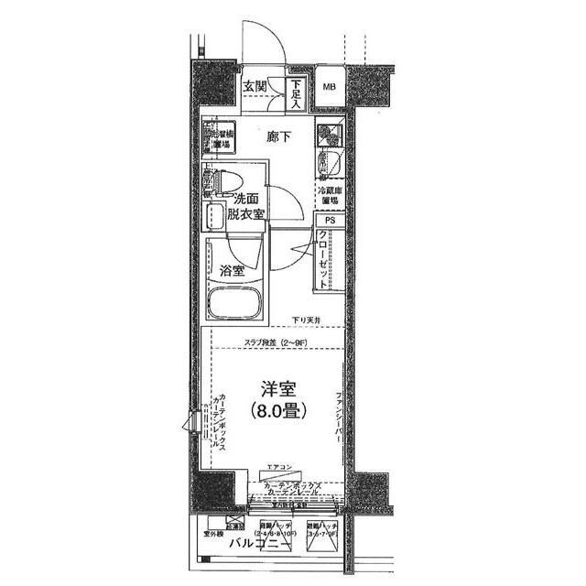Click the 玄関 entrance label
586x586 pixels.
point(255,88)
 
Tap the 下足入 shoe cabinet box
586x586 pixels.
point(297,92)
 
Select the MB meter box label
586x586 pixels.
point(329,88)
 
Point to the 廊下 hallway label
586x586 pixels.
point(278,137)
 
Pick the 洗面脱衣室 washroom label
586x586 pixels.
point(246,206)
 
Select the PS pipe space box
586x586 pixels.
point(329,221)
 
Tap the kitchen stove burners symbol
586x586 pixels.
point(328,135)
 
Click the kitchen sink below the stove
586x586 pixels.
point(328,164)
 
